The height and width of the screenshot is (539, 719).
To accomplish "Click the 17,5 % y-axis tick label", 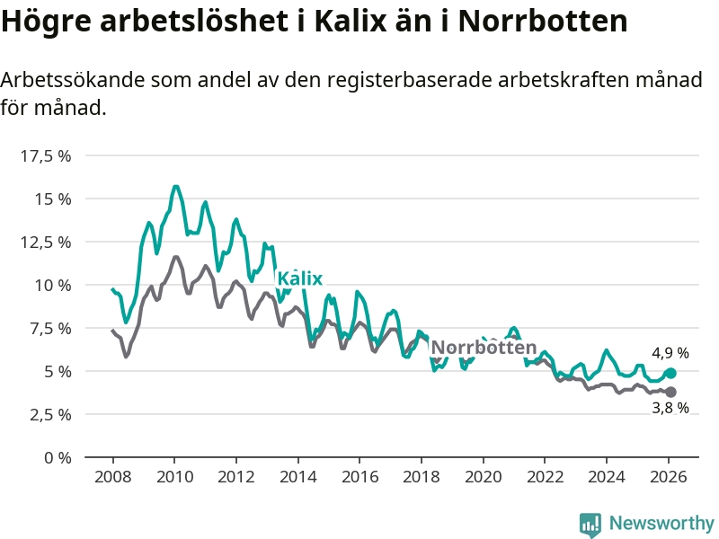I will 45,155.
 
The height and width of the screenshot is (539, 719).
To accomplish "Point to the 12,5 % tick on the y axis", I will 45,242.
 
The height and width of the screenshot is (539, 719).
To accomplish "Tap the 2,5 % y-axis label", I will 49,414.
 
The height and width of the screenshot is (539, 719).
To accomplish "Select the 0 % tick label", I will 57,457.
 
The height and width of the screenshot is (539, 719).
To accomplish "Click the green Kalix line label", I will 299,278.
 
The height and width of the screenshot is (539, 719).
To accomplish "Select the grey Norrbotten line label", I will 484,348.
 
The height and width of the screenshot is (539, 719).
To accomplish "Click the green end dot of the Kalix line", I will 670,373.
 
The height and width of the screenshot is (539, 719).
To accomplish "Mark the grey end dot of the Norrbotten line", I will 670,392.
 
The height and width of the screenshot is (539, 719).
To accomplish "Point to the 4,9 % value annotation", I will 670,353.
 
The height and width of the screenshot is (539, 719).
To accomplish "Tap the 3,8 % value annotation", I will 670,409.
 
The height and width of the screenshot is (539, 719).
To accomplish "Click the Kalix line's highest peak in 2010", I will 175,187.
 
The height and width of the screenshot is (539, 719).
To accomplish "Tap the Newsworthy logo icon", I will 590,524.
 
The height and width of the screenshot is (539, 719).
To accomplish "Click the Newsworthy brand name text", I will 661,523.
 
